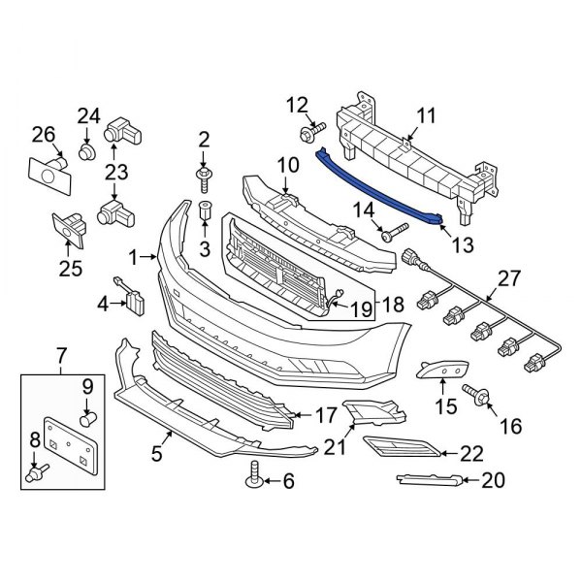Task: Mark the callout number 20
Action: (x=493, y=478)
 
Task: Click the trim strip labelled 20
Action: (x=427, y=478)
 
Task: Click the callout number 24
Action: (x=88, y=116)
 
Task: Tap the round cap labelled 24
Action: (x=86, y=153)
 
